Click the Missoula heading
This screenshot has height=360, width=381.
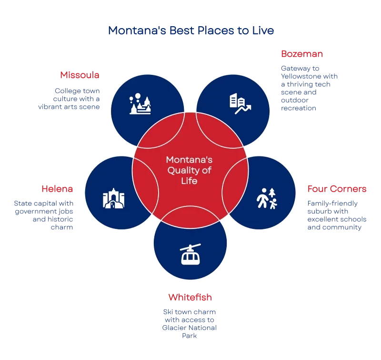click(x=79, y=75)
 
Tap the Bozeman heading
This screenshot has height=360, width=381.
click(x=301, y=53)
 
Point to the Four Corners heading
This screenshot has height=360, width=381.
click(x=337, y=189)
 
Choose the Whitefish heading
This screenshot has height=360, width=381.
click(x=190, y=297)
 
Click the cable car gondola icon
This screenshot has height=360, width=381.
click(x=190, y=256)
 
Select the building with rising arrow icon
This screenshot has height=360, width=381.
click(x=240, y=104)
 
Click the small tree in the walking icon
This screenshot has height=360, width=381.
click(x=272, y=193)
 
